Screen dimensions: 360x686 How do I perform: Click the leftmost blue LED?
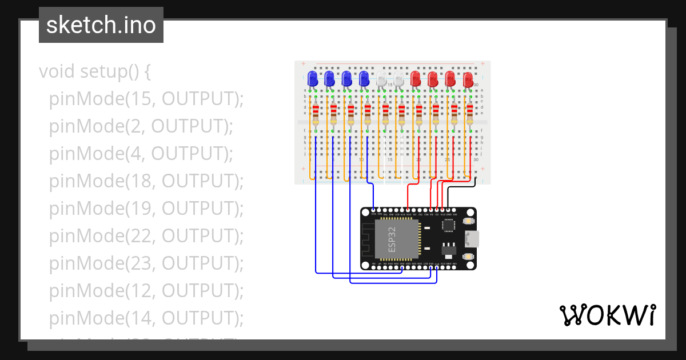312,79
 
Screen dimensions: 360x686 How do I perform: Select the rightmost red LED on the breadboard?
468,79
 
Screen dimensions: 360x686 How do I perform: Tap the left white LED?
381,80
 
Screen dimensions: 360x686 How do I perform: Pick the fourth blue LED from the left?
364,79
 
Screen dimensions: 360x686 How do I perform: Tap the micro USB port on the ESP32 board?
471,239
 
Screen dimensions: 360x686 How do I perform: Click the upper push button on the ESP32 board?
468,221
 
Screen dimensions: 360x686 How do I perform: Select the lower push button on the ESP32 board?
468,257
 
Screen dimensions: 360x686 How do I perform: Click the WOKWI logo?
607,315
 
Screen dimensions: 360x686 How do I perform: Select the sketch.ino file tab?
101,25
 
